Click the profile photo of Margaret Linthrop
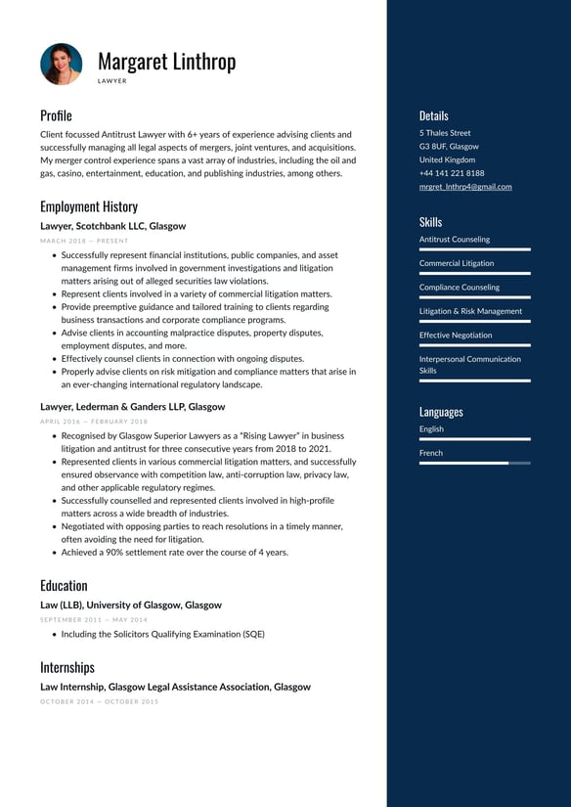click(62, 64)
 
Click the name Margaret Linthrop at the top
click(166, 61)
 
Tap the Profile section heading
click(56, 115)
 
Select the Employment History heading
click(89, 206)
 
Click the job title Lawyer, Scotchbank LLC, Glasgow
click(112, 226)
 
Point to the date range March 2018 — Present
click(84, 240)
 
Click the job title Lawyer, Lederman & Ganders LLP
click(132, 406)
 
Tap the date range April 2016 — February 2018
click(95, 421)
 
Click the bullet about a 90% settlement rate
click(174, 552)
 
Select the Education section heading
click(64, 586)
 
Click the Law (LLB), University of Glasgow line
click(130, 605)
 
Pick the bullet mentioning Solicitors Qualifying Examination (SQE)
click(162, 634)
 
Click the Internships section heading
click(67, 667)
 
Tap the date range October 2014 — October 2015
click(99, 701)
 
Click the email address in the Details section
click(465, 186)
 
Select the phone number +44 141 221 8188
click(452, 173)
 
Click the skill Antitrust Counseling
click(455, 239)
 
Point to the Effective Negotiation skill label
click(456, 335)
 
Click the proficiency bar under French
click(474, 463)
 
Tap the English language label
click(431, 428)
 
